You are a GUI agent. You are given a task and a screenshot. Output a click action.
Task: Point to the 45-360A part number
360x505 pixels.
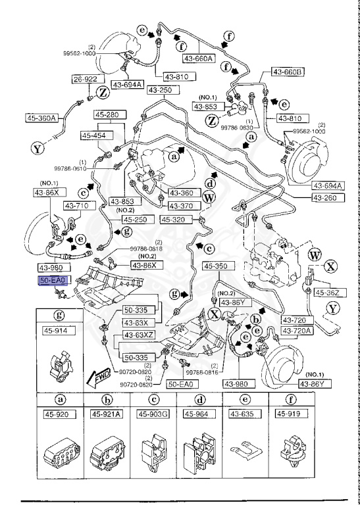click(41, 118)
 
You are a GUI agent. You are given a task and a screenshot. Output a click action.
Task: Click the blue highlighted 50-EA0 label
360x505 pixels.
click(52, 279)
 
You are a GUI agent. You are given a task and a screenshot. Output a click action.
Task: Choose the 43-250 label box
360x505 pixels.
click(160, 89)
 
